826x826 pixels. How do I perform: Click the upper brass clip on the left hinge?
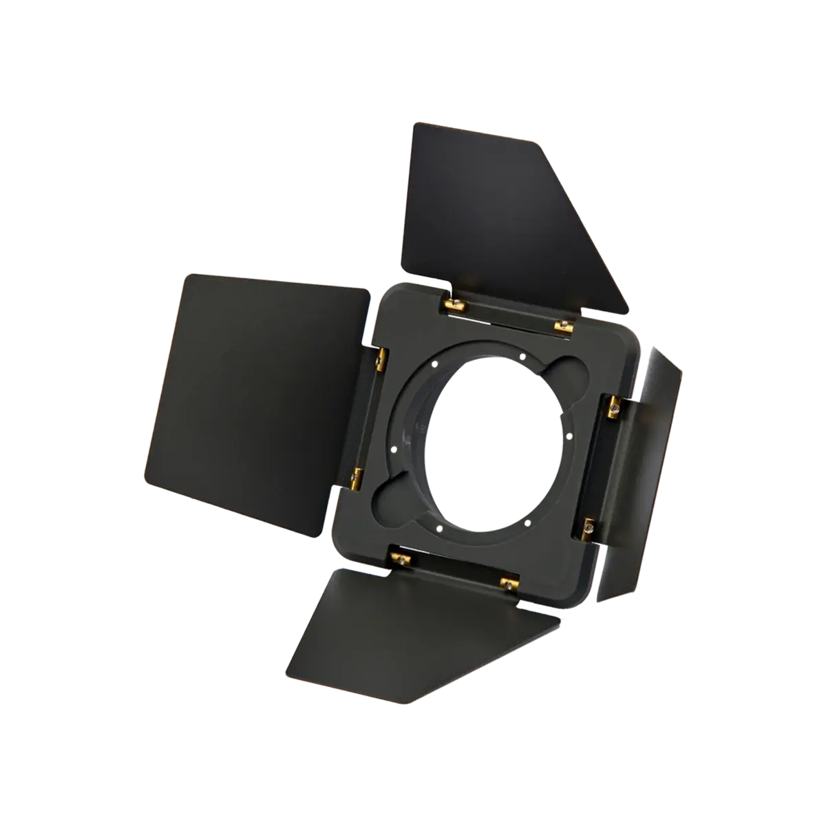point(381,357)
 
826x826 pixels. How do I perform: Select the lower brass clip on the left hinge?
point(358,474)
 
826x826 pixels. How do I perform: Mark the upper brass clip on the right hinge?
point(613,409)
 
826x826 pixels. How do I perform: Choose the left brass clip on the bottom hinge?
point(397,554)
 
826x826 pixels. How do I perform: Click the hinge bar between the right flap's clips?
point(601,468)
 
